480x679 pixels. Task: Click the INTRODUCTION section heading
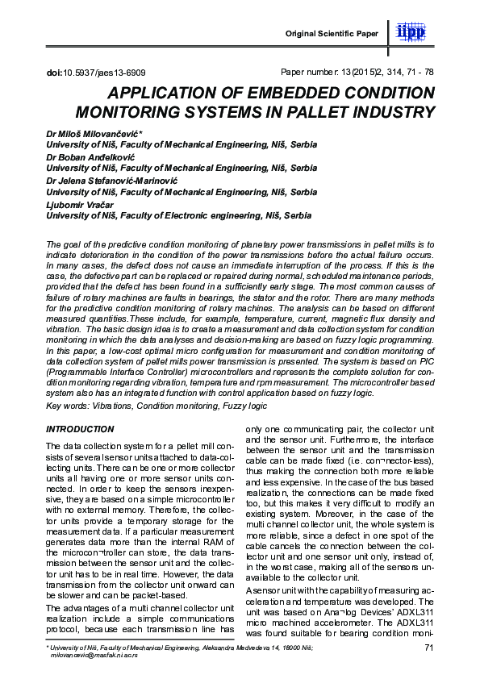click(x=80, y=429)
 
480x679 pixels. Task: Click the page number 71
click(x=428, y=648)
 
